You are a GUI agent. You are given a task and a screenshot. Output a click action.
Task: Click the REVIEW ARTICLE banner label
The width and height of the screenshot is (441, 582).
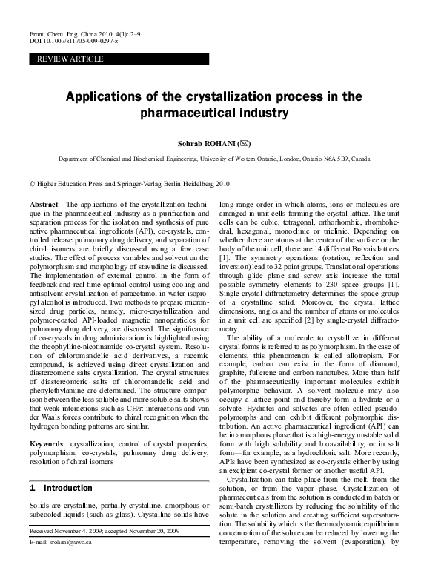(66, 59)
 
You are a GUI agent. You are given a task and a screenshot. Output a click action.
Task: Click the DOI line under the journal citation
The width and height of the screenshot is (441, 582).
(70, 42)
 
